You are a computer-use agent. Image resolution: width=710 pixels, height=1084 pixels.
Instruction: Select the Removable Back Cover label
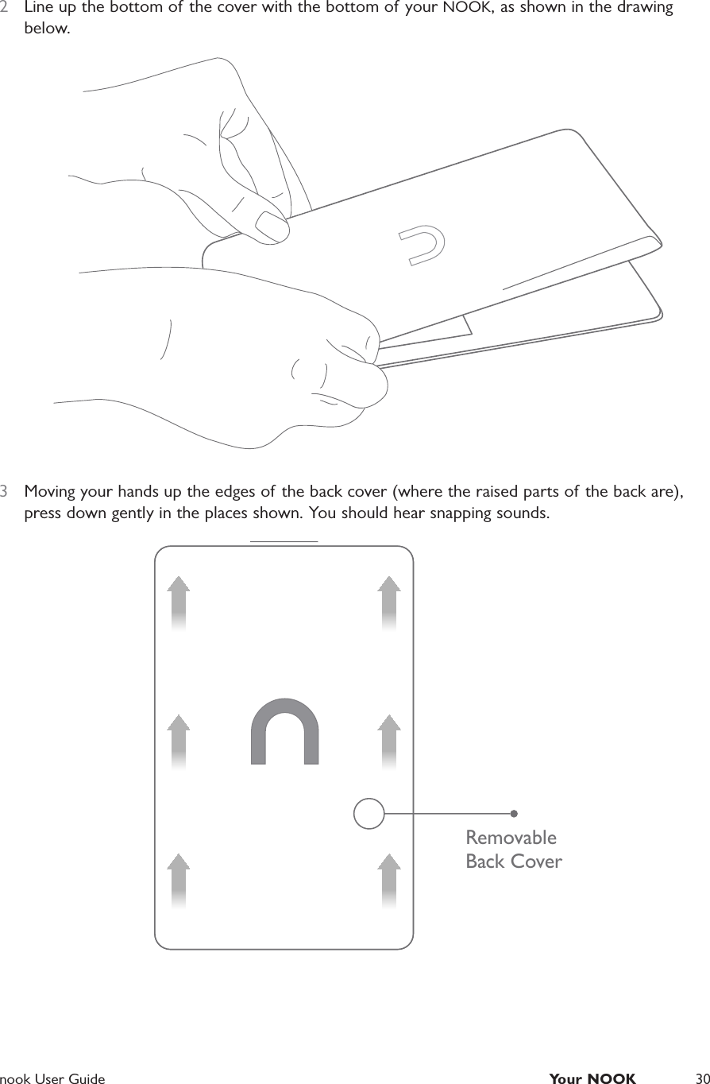click(513, 850)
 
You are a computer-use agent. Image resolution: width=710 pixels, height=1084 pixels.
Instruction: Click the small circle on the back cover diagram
click(369, 814)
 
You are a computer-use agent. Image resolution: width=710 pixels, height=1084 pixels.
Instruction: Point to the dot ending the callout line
click(514, 813)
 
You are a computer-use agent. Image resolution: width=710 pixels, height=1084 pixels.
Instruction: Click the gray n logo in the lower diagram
click(284, 731)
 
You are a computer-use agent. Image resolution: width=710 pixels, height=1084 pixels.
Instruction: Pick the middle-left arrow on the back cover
click(179, 741)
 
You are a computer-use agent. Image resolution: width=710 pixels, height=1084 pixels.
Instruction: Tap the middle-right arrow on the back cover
click(388, 741)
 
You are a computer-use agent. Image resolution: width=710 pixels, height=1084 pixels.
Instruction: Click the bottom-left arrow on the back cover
click(179, 880)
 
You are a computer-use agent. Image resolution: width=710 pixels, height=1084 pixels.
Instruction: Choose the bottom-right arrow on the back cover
click(388, 880)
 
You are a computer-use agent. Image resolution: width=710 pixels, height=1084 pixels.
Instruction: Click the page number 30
click(701, 1078)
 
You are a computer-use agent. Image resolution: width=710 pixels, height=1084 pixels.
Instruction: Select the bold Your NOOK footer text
click(592, 1078)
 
